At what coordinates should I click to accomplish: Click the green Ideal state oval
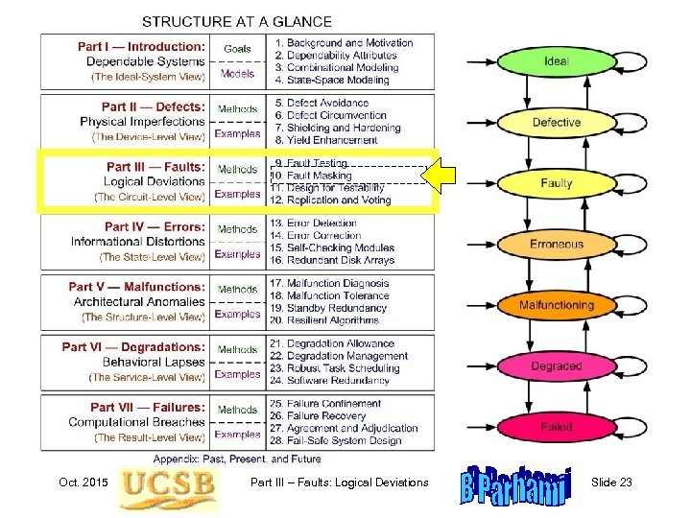click(556, 61)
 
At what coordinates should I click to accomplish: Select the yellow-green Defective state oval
click(556, 122)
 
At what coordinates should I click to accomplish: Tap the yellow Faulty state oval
click(556, 182)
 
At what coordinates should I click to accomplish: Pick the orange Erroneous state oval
click(556, 244)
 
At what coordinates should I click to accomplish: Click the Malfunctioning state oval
click(556, 305)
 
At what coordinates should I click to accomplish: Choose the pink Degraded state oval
click(556, 366)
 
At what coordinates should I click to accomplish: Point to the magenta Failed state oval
click(556, 427)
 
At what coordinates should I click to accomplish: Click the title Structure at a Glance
click(237, 21)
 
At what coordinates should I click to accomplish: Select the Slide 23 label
click(611, 482)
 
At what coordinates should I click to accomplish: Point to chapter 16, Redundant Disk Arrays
click(331, 260)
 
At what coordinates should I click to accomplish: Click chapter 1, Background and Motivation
click(343, 43)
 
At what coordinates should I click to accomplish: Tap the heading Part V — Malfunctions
click(136, 287)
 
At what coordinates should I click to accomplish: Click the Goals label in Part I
click(237, 49)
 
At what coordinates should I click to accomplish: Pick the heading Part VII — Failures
click(147, 407)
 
